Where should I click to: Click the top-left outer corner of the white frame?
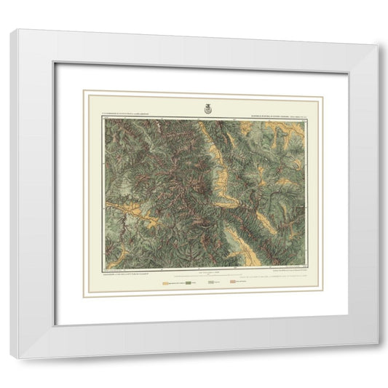tap(20, 30)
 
